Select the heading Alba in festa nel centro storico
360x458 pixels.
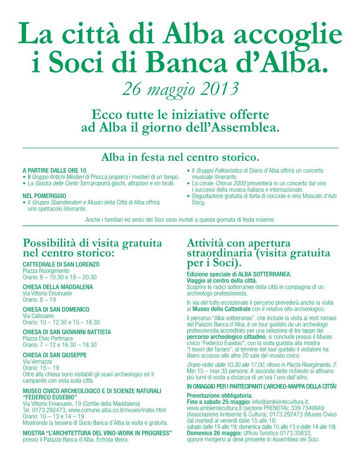pyautogui.click(x=180, y=156)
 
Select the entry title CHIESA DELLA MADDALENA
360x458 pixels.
pyautogui.click(x=58, y=287)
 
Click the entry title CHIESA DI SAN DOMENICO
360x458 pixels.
pyautogui.click(x=56, y=309)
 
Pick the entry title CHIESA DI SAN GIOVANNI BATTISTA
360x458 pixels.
pyautogui.click(x=67, y=332)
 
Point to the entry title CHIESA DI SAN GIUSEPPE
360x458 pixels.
pyautogui.click(x=55, y=355)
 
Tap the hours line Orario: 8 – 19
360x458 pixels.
pyautogui.click(x=39, y=299)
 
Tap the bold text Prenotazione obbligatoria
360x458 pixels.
pyautogui.click(x=219, y=396)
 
